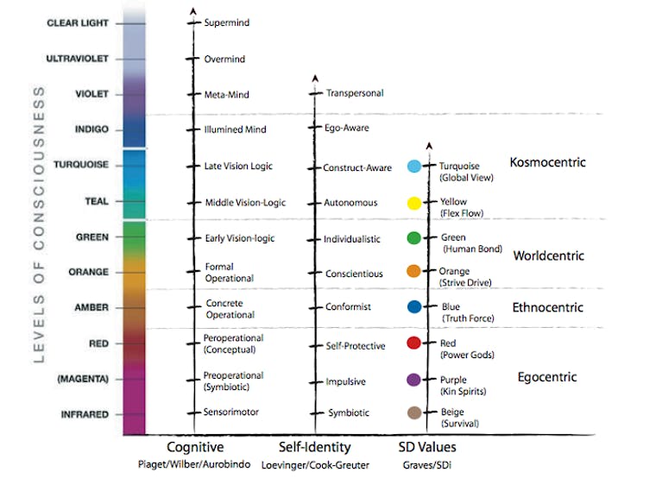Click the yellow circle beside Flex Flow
pyautogui.click(x=413, y=204)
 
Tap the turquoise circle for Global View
pyautogui.click(x=413, y=167)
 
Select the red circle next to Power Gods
pyautogui.click(x=413, y=343)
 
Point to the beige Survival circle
pyautogui.click(x=413, y=413)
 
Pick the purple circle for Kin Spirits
pyautogui.click(x=413, y=379)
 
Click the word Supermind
pyautogui.click(x=227, y=22)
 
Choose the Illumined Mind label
pyautogui.click(x=236, y=129)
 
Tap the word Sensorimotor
pyautogui.click(x=231, y=413)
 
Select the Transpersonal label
pyautogui.click(x=355, y=93)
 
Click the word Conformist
pyautogui.click(x=347, y=307)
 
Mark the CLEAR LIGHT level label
pyautogui.click(x=79, y=23)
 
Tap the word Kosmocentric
pyautogui.click(x=548, y=162)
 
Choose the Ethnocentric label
pyautogui.click(x=548, y=307)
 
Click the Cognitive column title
pyautogui.click(x=195, y=447)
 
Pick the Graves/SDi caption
pyautogui.click(x=427, y=464)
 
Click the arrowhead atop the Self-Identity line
pyautogui.click(x=314, y=79)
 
